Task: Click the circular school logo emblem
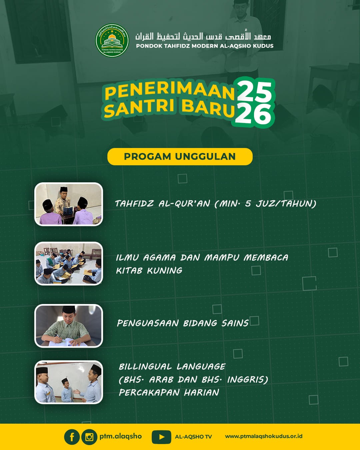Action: coord(112,40)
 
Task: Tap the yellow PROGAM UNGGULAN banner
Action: coord(180,157)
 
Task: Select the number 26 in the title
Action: coord(254,114)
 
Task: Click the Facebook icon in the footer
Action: coord(72,437)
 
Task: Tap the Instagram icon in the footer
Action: coord(89,437)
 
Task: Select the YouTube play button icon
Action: coord(161,437)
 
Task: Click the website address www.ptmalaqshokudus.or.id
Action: coord(264,436)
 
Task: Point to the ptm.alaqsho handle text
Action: coord(120,436)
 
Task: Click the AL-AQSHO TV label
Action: coord(193,437)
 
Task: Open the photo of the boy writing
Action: coord(69,326)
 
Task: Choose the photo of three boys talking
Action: coord(69,382)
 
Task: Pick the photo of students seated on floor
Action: coord(69,263)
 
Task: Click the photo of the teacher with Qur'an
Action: coord(69,204)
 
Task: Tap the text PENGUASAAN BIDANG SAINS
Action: coord(183,323)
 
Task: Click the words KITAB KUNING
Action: coord(149,271)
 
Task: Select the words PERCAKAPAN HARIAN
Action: coord(169,392)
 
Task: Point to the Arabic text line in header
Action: coord(203,36)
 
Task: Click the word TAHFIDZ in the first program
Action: coord(134,203)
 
